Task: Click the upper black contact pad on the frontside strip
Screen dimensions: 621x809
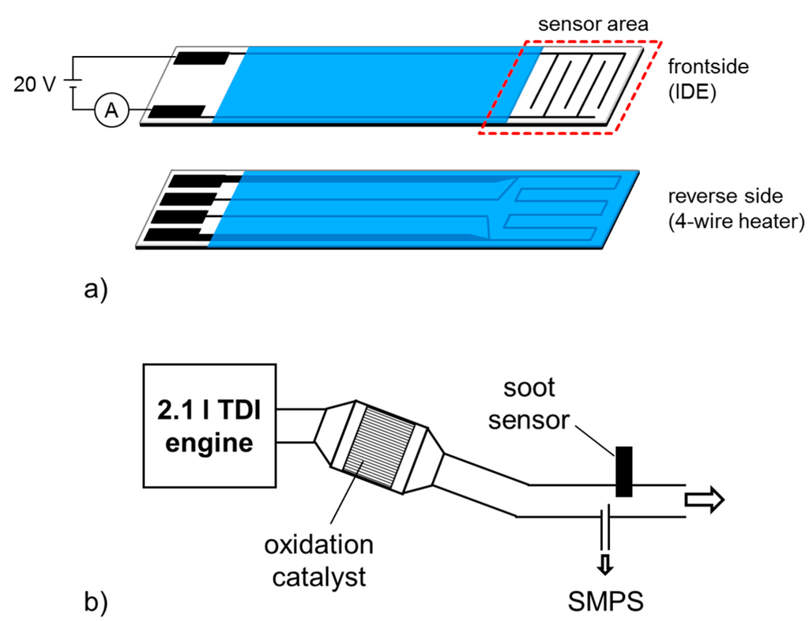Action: [x=201, y=58]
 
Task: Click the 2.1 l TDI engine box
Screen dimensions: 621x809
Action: [x=208, y=426]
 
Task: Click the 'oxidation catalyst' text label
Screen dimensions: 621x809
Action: [x=319, y=561]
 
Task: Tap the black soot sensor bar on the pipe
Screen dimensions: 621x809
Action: [x=624, y=472]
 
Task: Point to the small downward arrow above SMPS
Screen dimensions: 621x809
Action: [x=605, y=563]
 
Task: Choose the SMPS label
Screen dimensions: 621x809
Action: [x=607, y=601]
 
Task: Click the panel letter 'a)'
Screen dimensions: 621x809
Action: [x=94, y=290]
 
